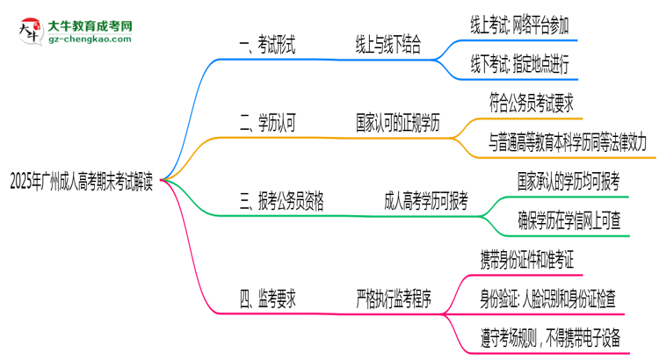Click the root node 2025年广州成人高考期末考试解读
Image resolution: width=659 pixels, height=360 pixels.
84,182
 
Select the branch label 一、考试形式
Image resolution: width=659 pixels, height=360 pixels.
267,48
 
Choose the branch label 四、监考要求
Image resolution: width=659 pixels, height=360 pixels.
267,299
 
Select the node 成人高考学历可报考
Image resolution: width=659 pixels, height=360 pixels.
426,202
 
